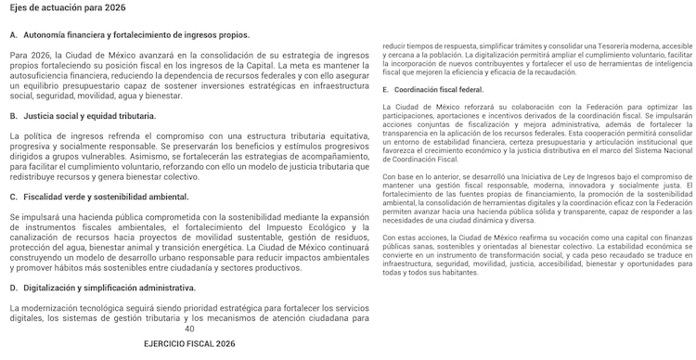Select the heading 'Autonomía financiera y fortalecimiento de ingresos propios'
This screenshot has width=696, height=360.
[135, 34]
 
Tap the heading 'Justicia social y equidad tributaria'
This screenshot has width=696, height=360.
[89, 116]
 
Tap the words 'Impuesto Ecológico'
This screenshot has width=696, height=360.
[285, 225]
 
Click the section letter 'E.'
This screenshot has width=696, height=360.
[386, 89]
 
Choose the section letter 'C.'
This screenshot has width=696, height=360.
[13, 197]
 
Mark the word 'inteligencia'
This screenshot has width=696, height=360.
[666, 63]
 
